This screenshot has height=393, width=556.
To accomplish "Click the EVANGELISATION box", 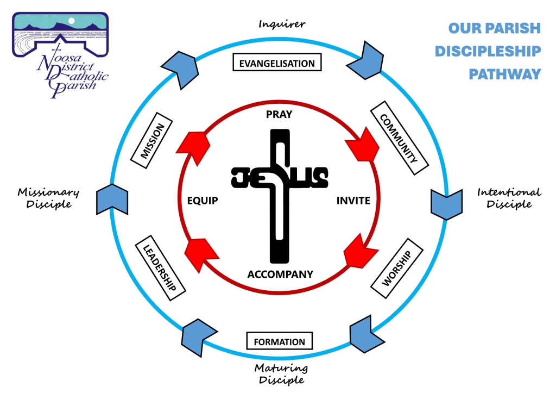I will [277, 63].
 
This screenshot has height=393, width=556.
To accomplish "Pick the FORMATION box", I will [280, 341].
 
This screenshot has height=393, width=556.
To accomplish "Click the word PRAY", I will [279, 115].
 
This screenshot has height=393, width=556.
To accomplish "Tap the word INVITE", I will [353, 201].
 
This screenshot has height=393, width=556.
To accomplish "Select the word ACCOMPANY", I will [280, 274].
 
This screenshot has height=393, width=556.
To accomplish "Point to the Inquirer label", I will [282, 24].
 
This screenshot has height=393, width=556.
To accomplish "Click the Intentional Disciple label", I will [508, 198].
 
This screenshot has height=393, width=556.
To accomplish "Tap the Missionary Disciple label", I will [48, 198].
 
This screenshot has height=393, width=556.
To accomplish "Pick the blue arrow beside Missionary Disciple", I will [112, 199].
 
